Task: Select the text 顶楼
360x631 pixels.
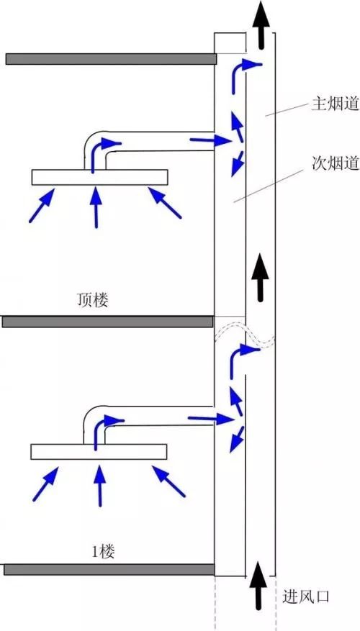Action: click(x=93, y=300)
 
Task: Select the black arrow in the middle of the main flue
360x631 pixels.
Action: click(x=261, y=276)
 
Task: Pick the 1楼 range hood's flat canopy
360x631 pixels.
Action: click(x=99, y=451)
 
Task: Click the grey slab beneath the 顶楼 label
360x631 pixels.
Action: click(x=108, y=322)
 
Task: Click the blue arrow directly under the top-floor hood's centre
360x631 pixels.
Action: click(x=94, y=206)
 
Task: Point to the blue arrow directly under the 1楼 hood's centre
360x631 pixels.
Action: click(x=99, y=484)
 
